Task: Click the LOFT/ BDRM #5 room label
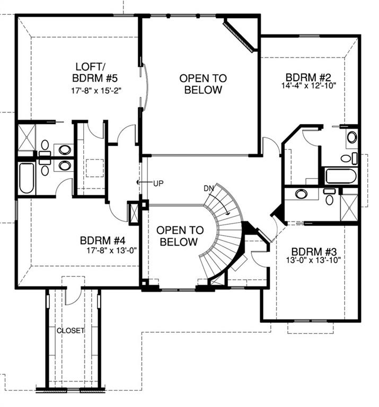95,72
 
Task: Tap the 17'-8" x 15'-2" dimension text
96,91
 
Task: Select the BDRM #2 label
309,77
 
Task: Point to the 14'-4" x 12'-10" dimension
309,85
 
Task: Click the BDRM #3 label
314,252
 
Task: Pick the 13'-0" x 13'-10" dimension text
313,260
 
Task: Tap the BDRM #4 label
103,241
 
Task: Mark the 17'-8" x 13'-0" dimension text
112,250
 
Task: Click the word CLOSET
70,331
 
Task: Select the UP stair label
158,183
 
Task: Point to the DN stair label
208,189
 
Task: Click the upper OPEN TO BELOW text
203,84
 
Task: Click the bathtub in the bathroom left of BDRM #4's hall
27,178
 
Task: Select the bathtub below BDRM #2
341,176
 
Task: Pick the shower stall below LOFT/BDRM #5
27,138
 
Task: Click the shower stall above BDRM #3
349,208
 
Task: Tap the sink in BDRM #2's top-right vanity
352,137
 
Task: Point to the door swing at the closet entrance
73,296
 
